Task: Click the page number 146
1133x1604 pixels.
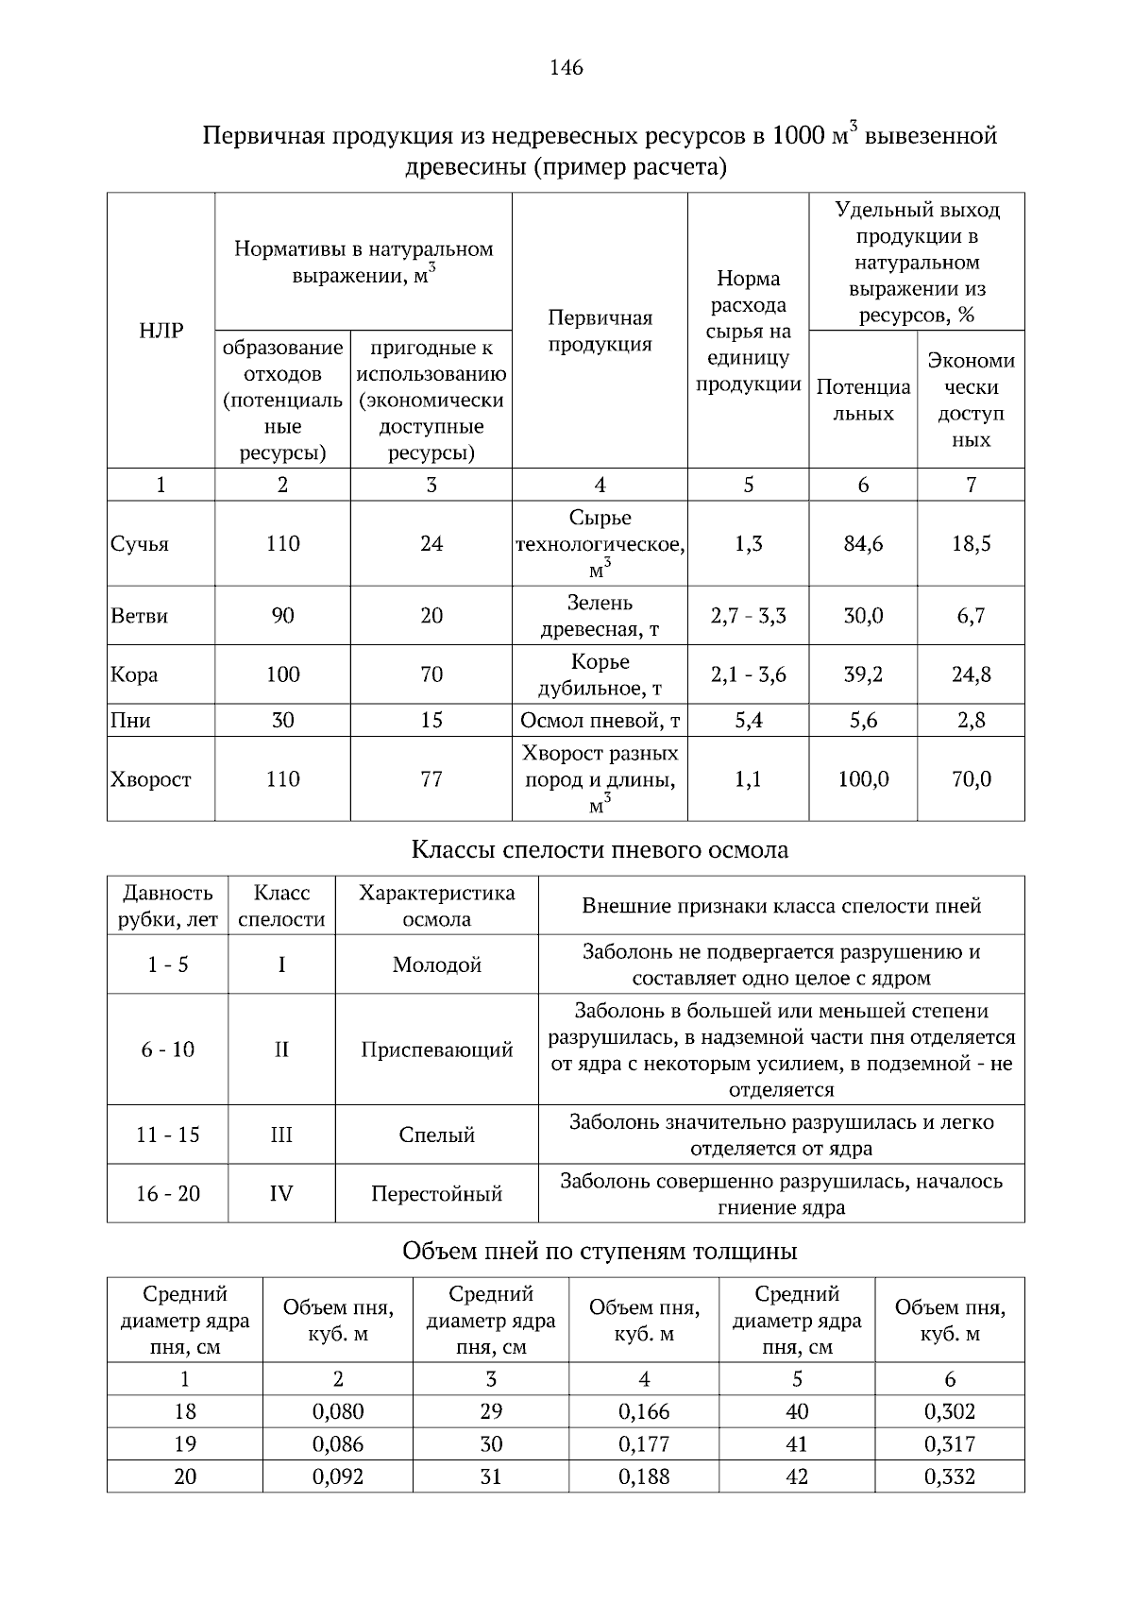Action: (x=566, y=68)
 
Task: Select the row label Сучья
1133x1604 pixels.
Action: (x=140, y=544)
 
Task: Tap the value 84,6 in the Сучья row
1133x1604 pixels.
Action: (x=863, y=544)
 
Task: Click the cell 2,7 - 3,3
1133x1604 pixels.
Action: (x=748, y=616)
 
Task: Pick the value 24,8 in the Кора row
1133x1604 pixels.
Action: (x=971, y=674)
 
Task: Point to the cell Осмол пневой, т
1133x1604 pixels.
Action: (x=600, y=721)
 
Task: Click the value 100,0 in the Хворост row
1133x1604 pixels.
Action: (x=863, y=779)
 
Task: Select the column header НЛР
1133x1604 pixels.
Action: (x=161, y=331)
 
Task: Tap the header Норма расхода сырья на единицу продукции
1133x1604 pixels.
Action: (x=748, y=332)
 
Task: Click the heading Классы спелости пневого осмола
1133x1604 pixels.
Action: (x=600, y=850)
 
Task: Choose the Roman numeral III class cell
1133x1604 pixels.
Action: (x=281, y=1135)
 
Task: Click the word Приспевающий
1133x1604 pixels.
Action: (x=436, y=1049)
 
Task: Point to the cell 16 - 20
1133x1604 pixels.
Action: (x=168, y=1193)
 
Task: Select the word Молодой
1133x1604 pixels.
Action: (x=436, y=964)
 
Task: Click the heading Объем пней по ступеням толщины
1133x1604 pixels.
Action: (x=600, y=1252)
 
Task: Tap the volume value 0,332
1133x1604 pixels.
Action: (x=950, y=1476)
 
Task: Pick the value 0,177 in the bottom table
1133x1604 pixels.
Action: (x=644, y=1444)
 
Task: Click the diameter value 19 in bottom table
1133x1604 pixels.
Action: (x=185, y=1444)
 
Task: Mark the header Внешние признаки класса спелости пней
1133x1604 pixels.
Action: (x=781, y=906)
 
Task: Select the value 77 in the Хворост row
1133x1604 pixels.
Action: (x=431, y=779)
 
